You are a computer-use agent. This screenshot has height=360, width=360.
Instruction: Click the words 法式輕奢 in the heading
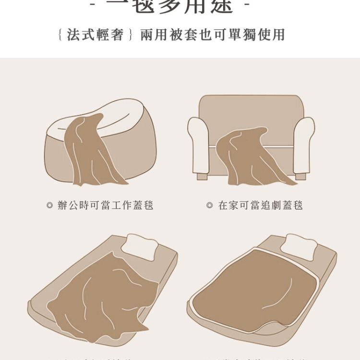(x=96, y=35)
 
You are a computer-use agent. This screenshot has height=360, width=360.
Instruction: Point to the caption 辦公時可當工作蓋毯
(x=106, y=205)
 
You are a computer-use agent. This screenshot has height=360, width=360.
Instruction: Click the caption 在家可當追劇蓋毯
(x=261, y=205)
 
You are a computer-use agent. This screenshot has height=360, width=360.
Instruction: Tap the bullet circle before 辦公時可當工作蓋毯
(x=49, y=205)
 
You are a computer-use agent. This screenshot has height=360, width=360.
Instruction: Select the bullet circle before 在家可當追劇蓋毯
(x=209, y=205)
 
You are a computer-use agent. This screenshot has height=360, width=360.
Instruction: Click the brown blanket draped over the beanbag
(x=91, y=154)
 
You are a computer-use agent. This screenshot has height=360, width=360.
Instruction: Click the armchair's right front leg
(x=300, y=177)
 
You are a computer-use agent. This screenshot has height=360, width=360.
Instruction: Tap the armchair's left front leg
(x=202, y=177)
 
